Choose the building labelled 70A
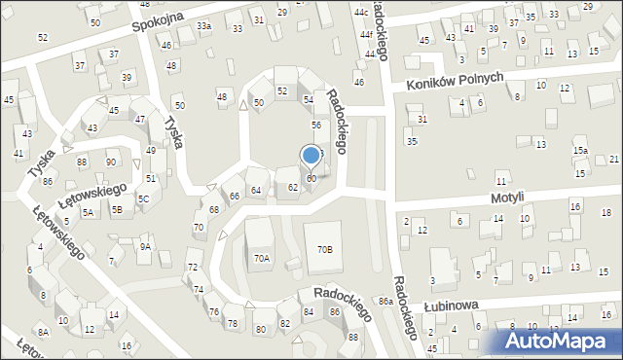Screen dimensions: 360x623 (x=261, y=258)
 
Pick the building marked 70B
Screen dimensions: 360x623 (x=324, y=249)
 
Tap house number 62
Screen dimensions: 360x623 (x=292, y=187)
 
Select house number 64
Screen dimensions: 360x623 (x=256, y=190)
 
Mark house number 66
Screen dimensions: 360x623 (x=235, y=197)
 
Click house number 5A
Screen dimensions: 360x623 (x=88, y=211)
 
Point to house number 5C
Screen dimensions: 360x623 (x=143, y=199)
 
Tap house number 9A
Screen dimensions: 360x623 (x=145, y=247)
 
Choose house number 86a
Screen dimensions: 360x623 (x=385, y=302)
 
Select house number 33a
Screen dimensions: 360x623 (x=203, y=26)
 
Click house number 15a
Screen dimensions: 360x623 (x=580, y=151)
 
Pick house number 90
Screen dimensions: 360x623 (x=111, y=162)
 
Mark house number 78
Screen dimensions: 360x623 (x=232, y=323)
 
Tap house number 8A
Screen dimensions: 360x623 (x=43, y=332)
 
